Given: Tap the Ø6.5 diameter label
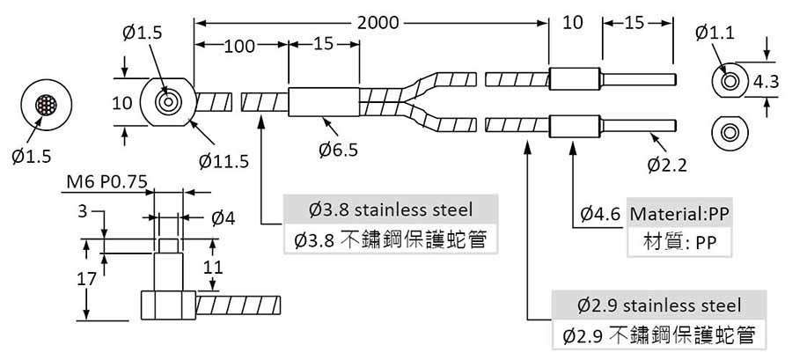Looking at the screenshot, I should (338, 151).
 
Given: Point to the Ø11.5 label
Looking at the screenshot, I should (224, 161).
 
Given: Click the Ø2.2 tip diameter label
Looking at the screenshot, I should (667, 164).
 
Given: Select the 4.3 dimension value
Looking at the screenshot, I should (766, 83).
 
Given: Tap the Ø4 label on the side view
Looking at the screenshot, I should (223, 217).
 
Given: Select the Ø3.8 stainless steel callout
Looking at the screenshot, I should (391, 210).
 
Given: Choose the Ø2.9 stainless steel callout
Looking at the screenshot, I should (659, 305).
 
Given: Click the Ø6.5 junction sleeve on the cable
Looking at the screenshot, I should (324, 103).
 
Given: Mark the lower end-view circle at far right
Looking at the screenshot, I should (729, 133).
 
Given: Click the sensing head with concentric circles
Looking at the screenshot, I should (165, 102).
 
